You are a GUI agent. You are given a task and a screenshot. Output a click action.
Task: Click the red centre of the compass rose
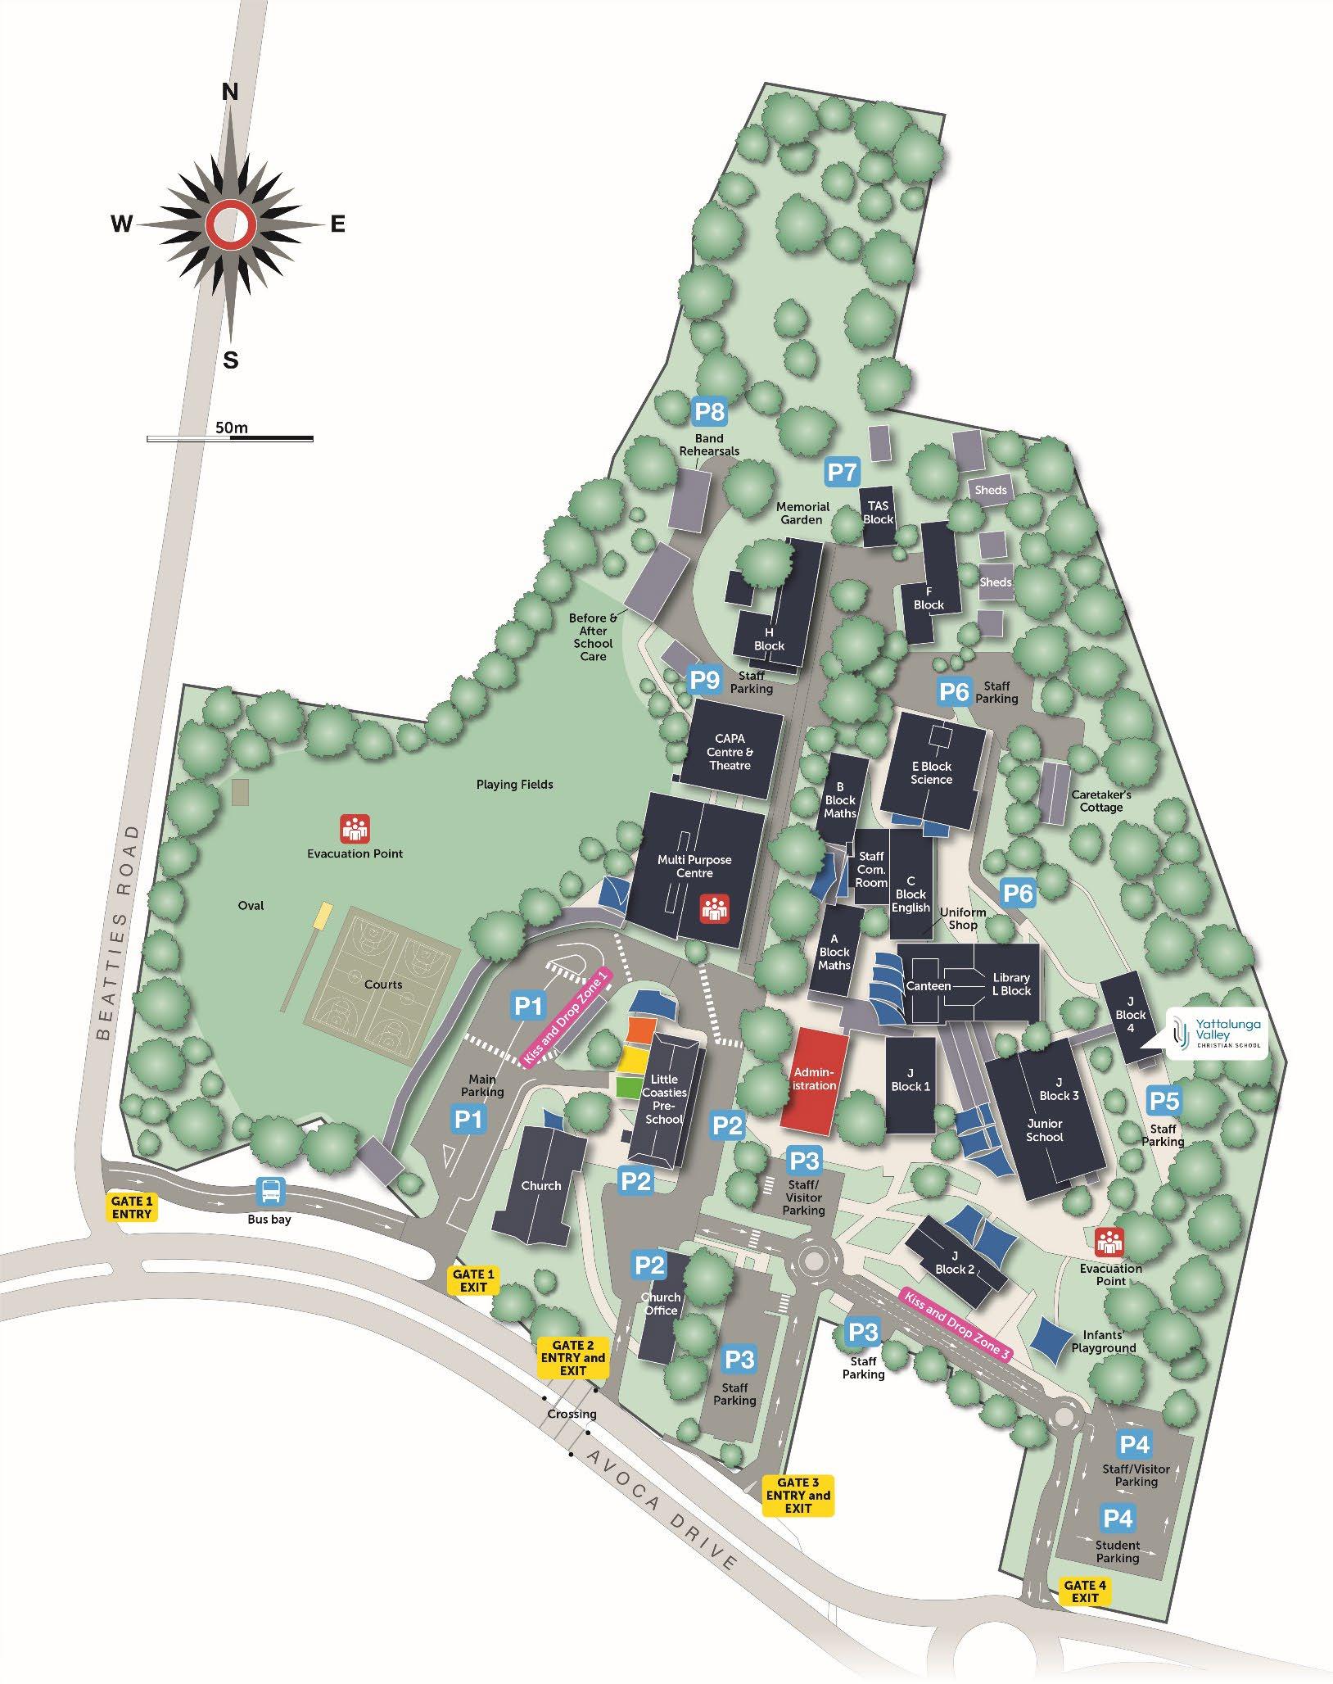[230, 224]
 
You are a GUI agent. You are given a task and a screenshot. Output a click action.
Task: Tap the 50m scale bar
[230, 439]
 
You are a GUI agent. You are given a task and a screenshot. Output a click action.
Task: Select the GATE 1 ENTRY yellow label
[131, 1207]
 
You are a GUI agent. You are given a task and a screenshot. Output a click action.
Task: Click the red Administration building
[814, 1079]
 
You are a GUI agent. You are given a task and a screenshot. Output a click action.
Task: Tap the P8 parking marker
[709, 411]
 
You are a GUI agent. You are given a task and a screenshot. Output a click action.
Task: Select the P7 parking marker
[842, 472]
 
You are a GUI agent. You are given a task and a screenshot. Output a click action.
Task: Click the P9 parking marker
[704, 680]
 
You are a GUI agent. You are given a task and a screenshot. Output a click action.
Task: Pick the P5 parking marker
[1164, 1101]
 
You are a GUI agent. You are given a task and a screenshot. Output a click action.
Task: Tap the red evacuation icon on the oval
[355, 828]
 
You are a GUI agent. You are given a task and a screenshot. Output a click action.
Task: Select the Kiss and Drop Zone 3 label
[955, 1324]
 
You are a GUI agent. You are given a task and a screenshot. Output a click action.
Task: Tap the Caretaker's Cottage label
[1101, 801]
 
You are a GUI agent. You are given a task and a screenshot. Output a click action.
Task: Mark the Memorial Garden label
[802, 513]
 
